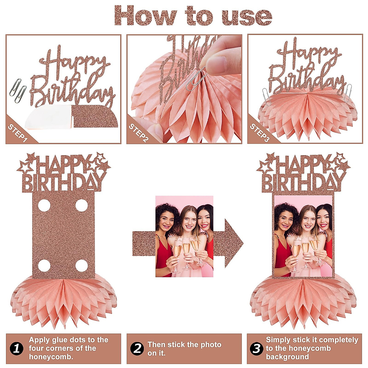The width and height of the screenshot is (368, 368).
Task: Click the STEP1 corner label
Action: tap(18, 132)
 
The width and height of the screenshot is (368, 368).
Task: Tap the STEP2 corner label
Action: tap(139, 132)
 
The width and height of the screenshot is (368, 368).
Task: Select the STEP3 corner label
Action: tap(259, 132)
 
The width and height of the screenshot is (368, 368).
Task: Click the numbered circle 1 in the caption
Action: tap(17, 348)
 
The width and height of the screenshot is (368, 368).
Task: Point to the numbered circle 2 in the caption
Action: tap(137, 348)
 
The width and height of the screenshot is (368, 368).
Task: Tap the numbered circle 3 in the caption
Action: tap(257, 348)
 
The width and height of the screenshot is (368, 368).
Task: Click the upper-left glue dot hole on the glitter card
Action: tap(44, 205)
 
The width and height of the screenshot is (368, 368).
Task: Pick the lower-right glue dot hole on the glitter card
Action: tap(81, 266)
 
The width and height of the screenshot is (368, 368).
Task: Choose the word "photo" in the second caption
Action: tap(209, 345)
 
